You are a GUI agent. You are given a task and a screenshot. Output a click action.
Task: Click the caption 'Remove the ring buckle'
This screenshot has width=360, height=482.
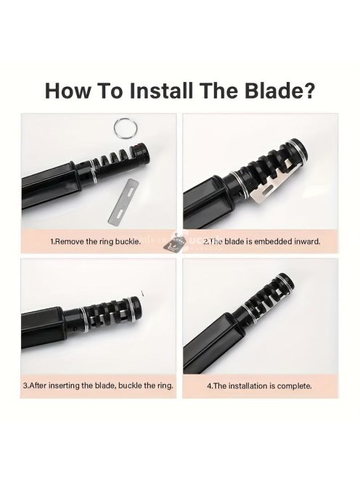[95, 241]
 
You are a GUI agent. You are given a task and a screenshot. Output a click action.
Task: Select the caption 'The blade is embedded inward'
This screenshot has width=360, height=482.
[261, 241]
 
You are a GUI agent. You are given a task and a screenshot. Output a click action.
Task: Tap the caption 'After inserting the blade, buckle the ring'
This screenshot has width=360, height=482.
[98, 385]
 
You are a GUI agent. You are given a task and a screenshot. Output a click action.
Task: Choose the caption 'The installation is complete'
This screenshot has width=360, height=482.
[259, 385]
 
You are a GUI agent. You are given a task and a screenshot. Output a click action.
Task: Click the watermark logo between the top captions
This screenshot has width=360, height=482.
[175, 242]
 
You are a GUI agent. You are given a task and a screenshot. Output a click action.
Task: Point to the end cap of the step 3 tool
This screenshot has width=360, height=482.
[135, 305]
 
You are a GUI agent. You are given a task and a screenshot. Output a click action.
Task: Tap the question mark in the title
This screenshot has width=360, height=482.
[306, 90]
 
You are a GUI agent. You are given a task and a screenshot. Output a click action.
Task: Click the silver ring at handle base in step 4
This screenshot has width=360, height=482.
[250, 309]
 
